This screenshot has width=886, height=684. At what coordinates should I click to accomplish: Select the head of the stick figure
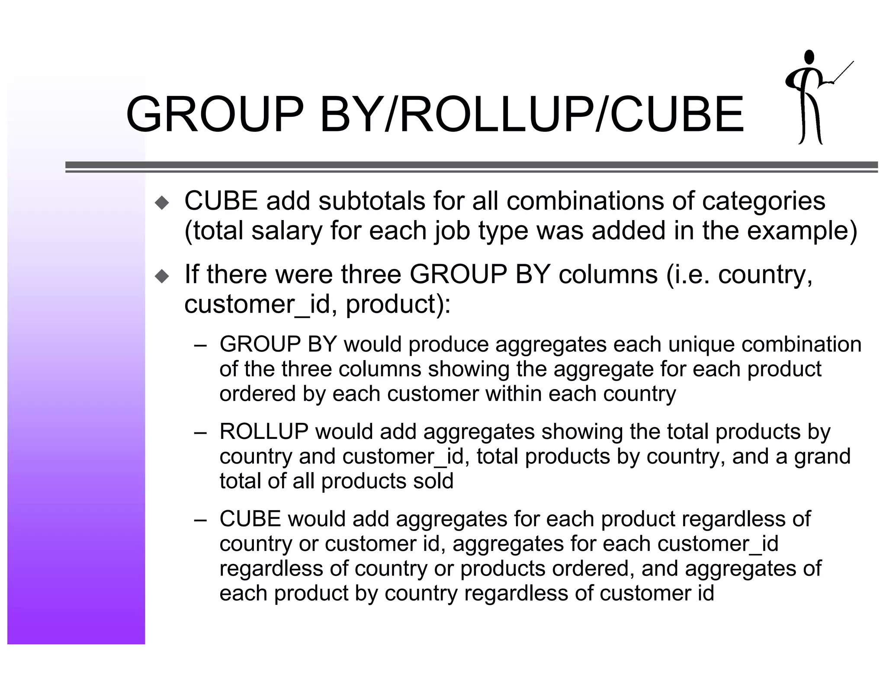point(809,69)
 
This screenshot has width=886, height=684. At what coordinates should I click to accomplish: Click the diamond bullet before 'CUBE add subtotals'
point(162,202)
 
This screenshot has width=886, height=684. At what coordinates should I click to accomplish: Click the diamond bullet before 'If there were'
point(162,276)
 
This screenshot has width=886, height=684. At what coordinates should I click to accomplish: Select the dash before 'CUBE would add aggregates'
point(200,520)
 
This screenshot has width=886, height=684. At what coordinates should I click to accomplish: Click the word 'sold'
point(433,481)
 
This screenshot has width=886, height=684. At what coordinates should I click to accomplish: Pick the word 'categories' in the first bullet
point(763,201)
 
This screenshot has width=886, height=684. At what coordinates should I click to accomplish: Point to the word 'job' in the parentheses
point(452,232)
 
